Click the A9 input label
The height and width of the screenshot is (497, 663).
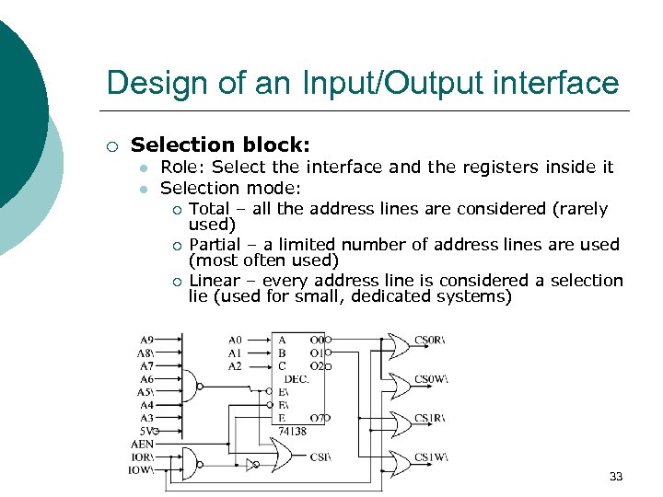(146, 339)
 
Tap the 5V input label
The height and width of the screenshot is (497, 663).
(145, 430)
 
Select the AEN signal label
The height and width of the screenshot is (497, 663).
(143, 444)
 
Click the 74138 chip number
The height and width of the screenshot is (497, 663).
(292, 431)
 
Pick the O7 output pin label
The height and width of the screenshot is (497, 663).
(318, 418)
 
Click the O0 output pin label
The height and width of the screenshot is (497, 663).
(318, 340)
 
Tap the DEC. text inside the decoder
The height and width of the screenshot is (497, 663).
(296, 378)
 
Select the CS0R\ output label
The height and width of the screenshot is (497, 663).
(429, 340)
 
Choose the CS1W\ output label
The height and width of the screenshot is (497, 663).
(430, 458)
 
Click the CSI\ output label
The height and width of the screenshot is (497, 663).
(320, 456)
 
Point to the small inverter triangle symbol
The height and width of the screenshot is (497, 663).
(250, 465)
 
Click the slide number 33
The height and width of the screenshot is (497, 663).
(616, 476)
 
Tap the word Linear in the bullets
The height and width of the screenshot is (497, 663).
(214, 280)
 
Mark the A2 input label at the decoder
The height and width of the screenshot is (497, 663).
(235, 365)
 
